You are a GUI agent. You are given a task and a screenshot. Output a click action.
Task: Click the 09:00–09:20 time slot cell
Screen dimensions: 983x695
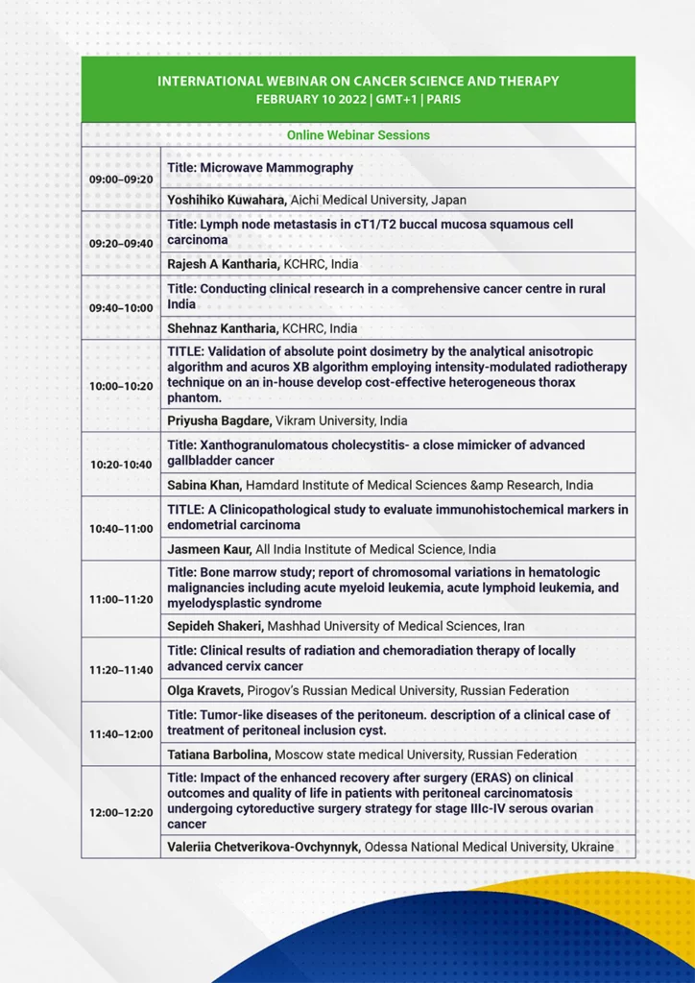120,180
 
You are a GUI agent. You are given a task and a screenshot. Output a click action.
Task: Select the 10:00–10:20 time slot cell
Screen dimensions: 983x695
120,386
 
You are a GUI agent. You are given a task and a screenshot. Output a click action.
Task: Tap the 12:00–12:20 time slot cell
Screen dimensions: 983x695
120,812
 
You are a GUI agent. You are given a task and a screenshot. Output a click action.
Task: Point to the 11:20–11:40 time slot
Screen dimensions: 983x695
120,670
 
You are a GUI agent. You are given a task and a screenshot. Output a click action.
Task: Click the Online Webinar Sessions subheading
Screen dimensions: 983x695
358,135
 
